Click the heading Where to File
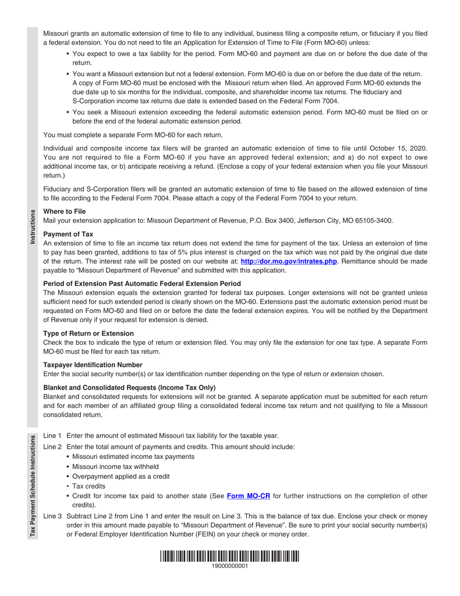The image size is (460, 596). coord(64,212)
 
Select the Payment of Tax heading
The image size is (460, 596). coord(68,234)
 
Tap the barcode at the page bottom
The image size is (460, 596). coord(230,556)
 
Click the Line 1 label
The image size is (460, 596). coord(52,436)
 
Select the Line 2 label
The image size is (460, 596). coord(52,447)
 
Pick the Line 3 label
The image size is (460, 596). coord(52,516)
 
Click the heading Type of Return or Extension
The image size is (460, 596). coord(88,333)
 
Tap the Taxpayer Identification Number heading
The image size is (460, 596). coord(92,365)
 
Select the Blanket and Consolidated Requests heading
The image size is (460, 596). coord(129,387)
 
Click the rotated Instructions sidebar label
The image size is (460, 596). coord(32,227)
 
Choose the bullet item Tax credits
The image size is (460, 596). coord(89,486)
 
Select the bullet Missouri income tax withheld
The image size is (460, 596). coord(115,467)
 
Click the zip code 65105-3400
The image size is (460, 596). coord(374,220)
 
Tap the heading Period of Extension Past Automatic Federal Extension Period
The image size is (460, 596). coord(142,283)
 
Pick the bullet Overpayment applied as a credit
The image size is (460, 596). coord(121,476)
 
